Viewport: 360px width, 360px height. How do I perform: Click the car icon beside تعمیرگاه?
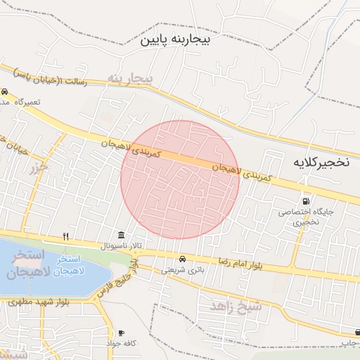click(x=5, y=91)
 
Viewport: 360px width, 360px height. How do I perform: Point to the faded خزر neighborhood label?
click(x=38, y=167)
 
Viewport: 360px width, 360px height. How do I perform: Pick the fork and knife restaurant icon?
click(x=66, y=236)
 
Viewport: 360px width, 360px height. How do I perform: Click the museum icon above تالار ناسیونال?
click(x=122, y=235)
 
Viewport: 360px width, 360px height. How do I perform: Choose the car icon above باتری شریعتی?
click(x=183, y=258)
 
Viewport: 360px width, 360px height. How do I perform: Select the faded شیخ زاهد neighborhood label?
click(x=236, y=306)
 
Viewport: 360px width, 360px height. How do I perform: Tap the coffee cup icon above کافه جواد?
click(x=121, y=333)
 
